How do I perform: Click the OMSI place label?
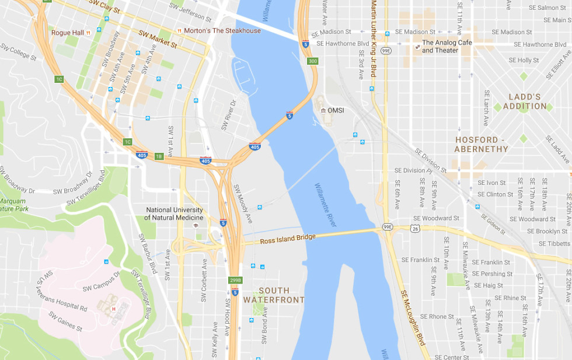pyautogui.click(x=337, y=111)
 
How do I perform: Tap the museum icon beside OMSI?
pyautogui.click(x=323, y=111)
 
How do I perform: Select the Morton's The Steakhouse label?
pyautogui.click(x=222, y=31)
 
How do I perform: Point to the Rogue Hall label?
pyautogui.click(x=67, y=33)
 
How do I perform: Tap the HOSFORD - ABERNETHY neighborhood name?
pyautogui.click(x=482, y=144)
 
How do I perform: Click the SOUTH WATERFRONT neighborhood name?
pyautogui.click(x=274, y=295)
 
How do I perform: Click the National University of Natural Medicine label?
pyautogui.click(x=174, y=214)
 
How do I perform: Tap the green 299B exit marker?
pyautogui.click(x=235, y=279)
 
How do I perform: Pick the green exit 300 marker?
pyautogui.click(x=313, y=61)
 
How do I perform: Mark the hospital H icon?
pyautogui.click(x=114, y=309)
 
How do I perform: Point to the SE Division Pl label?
pyautogui.click(x=413, y=170)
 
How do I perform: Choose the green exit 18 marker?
pyautogui.click(x=159, y=156)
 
